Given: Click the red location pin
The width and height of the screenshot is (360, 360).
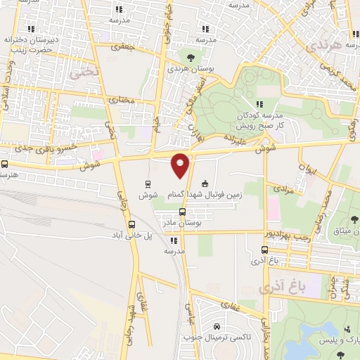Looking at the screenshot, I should click(181, 164).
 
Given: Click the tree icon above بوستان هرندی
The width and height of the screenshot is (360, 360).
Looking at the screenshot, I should click(191, 57).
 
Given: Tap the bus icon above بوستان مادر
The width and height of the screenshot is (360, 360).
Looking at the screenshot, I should click(182, 212).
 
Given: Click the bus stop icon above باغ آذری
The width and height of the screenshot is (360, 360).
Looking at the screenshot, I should click(264, 250).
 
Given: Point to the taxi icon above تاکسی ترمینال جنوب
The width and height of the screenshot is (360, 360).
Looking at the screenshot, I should click(217, 327).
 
